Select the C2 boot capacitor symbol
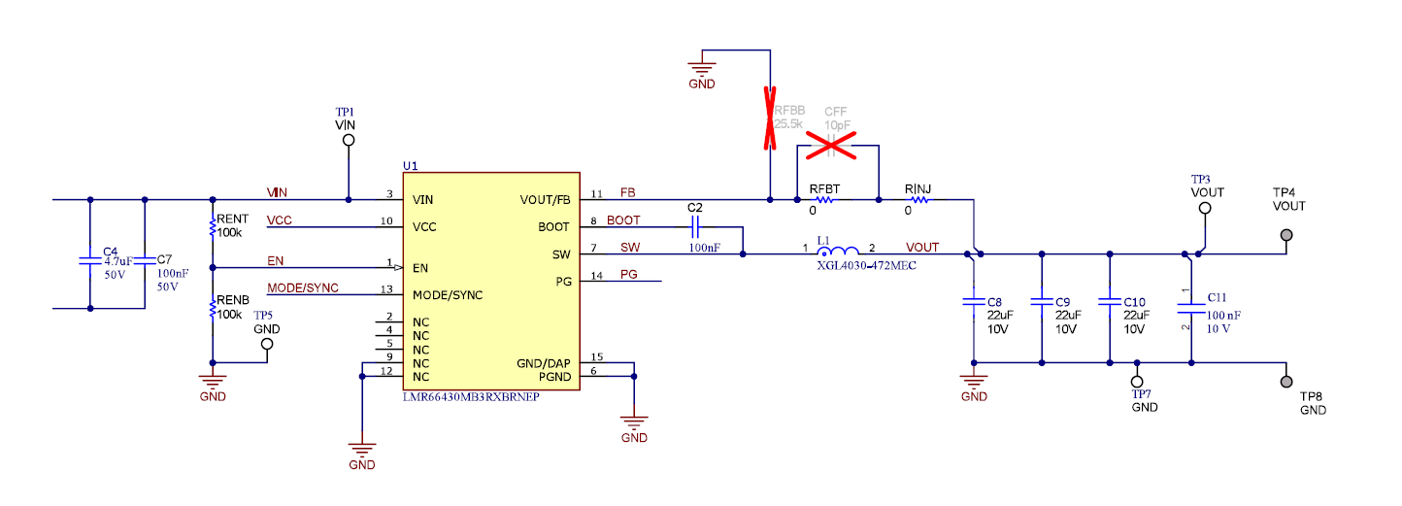[x=694, y=228]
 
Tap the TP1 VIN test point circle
[x=348, y=141]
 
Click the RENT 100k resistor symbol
[x=212, y=228]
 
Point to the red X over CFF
[x=831, y=148]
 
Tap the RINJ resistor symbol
[x=918, y=201]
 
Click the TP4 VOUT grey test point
[x=1287, y=235]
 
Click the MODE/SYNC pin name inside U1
[x=447, y=294]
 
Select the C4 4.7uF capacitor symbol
[x=90, y=261]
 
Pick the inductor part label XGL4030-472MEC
[x=867, y=265]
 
